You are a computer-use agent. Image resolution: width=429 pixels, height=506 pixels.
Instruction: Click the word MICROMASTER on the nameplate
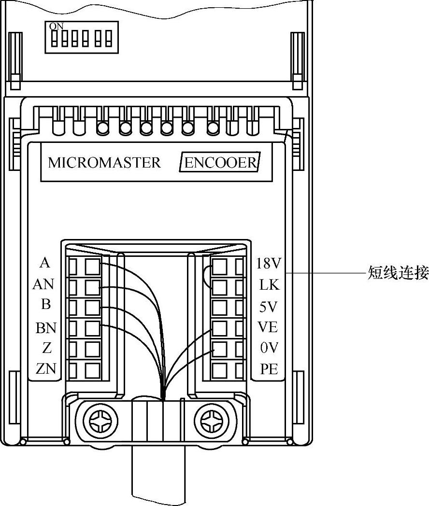tap(104, 162)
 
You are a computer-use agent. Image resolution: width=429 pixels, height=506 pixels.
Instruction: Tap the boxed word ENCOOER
tap(220, 162)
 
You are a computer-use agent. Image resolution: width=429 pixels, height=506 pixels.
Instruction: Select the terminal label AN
tap(43, 285)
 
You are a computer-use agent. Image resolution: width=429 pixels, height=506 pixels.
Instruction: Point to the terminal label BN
tap(46, 328)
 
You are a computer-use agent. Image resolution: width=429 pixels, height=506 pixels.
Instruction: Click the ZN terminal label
tap(46, 369)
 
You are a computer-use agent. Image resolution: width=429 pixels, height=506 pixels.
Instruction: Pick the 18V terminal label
tap(269, 264)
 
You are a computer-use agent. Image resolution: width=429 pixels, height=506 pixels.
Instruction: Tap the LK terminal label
tap(269, 285)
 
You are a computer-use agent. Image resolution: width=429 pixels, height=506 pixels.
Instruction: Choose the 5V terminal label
tap(269, 307)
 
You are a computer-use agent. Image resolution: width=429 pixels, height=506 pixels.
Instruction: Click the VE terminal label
tap(268, 327)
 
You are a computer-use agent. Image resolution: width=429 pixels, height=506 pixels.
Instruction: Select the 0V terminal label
tap(269, 348)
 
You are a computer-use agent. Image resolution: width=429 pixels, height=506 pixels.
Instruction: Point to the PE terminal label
tap(269, 369)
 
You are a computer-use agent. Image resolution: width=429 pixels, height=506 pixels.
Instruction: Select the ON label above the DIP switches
tap(57, 27)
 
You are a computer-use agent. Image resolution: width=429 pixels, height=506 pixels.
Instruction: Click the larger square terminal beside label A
tap(93, 266)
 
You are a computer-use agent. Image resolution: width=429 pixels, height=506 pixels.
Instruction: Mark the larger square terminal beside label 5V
tap(220, 308)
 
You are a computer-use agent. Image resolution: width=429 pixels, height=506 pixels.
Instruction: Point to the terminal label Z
tap(47, 348)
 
